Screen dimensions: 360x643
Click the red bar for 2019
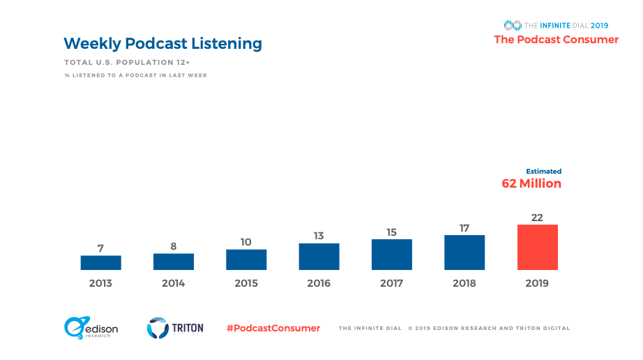pyautogui.click(x=537, y=247)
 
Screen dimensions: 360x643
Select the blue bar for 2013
pyautogui.click(x=100, y=262)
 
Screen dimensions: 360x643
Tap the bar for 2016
pyautogui.click(x=319, y=256)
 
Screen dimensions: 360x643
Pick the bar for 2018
pyautogui.click(x=464, y=252)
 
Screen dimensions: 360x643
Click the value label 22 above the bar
pyautogui.click(x=537, y=217)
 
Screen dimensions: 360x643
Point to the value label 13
pyautogui.click(x=319, y=236)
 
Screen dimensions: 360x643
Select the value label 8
pyautogui.click(x=173, y=246)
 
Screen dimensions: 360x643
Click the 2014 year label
pyautogui.click(x=173, y=283)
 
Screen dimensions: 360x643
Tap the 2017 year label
pyautogui.click(x=391, y=283)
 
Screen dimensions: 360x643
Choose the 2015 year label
pyautogui.click(x=246, y=283)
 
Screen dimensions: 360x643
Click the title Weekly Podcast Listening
pyautogui.click(x=162, y=43)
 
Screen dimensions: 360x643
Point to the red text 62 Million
pyautogui.click(x=531, y=183)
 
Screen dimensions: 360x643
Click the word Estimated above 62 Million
pyautogui.click(x=543, y=171)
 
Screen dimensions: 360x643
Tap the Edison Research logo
pyautogui.click(x=91, y=328)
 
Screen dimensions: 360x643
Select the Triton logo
pyautogui.click(x=175, y=328)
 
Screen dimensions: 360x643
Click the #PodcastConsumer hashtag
pyautogui.click(x=273, y=328)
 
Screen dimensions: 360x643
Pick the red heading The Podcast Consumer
pyautogui.click(x=556, y=40)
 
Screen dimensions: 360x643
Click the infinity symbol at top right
pyautogui.click(x=513, y=25)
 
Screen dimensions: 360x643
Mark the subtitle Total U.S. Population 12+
pyautogui.click(x=127, y=63)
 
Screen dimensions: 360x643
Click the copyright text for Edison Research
pyautogui.click(x=489, y=328)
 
